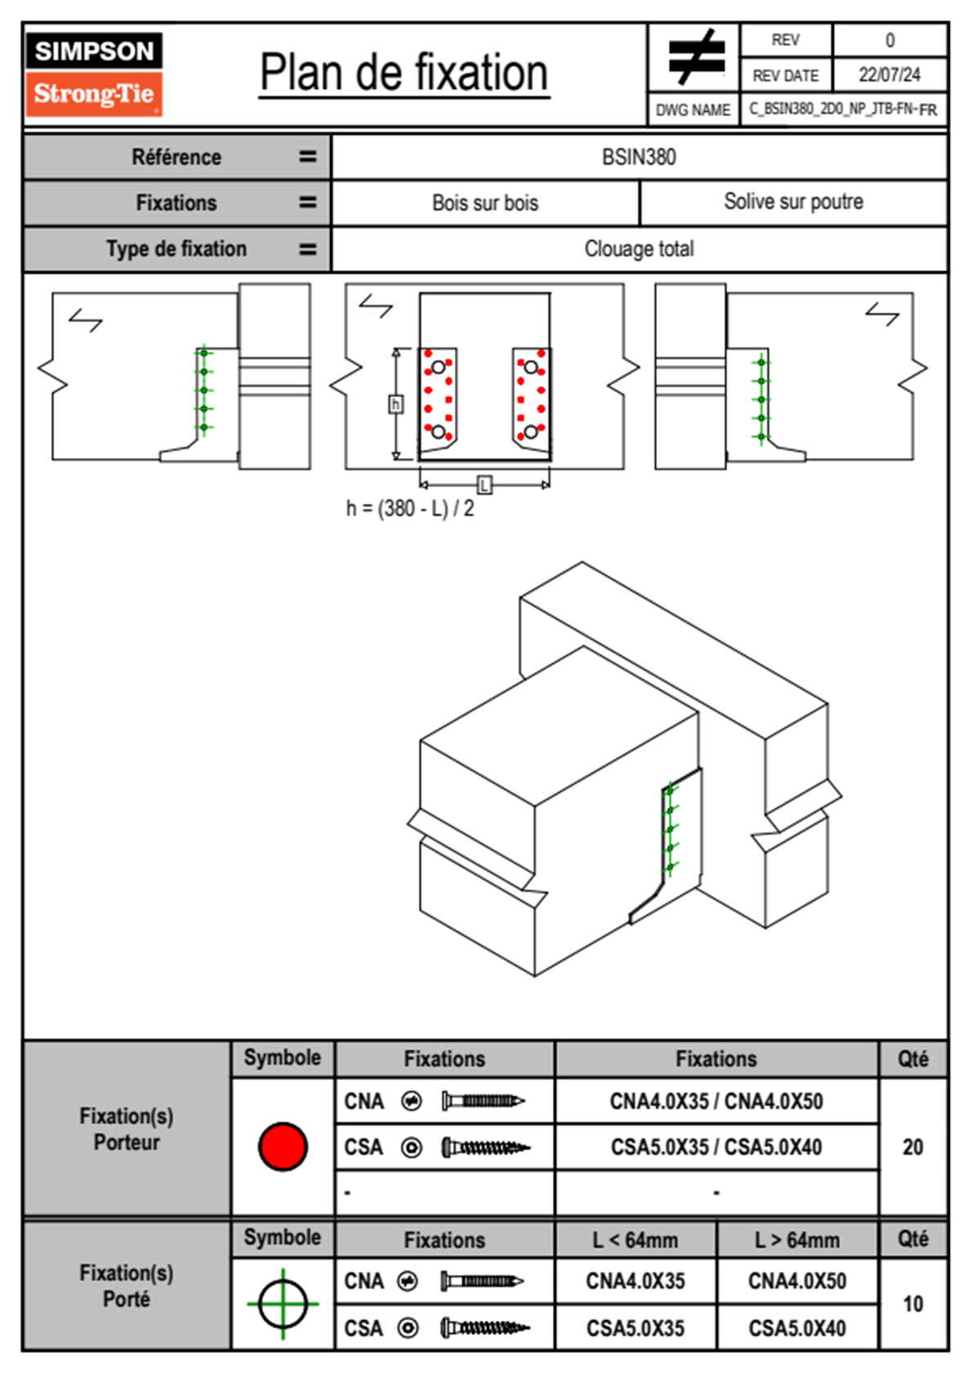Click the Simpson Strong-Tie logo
94,74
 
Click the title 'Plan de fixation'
404,74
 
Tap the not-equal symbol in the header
695,57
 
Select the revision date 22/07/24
889,75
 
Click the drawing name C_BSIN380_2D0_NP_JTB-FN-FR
843,109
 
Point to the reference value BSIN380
639,157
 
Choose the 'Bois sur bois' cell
485,203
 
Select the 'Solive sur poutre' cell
793,202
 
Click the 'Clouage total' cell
639,248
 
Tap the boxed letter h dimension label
395,404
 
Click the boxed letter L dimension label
484,485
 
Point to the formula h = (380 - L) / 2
410,509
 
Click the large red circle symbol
283,1146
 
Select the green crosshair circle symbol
283,1304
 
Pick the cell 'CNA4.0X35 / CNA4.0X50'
716,1101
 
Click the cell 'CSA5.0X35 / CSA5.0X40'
716,1147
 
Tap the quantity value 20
912,1147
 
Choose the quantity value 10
912,1304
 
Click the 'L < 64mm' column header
635,1240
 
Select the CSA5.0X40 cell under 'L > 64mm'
797,1328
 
